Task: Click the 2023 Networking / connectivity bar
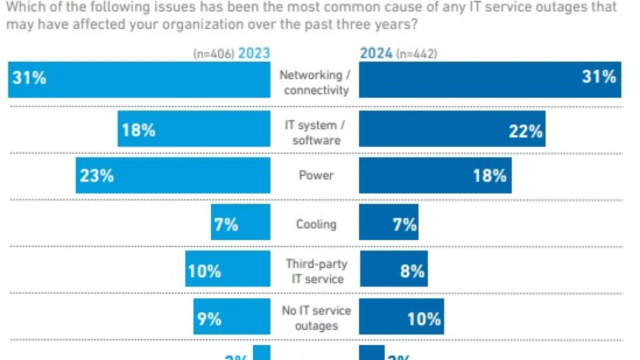click(139, 79)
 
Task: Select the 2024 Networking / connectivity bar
click(490, 79)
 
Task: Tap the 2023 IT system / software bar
click(194, 129)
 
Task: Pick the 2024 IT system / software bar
click(452, 129)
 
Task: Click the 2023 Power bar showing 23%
click(173, 175)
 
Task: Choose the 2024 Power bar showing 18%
click(435, 175)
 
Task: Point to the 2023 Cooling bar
click(240, 222)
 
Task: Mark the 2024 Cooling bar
click(388, 222)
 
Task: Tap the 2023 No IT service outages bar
click(232, 316)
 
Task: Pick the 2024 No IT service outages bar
click(401, 316)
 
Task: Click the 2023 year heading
click(254, 53)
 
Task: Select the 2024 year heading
click(376, 53)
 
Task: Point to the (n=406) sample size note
click(213, 54)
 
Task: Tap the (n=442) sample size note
click(416, 54)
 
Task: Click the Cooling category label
click(316, 224)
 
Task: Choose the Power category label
click(316, 175)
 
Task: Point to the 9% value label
click(209, 319)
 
